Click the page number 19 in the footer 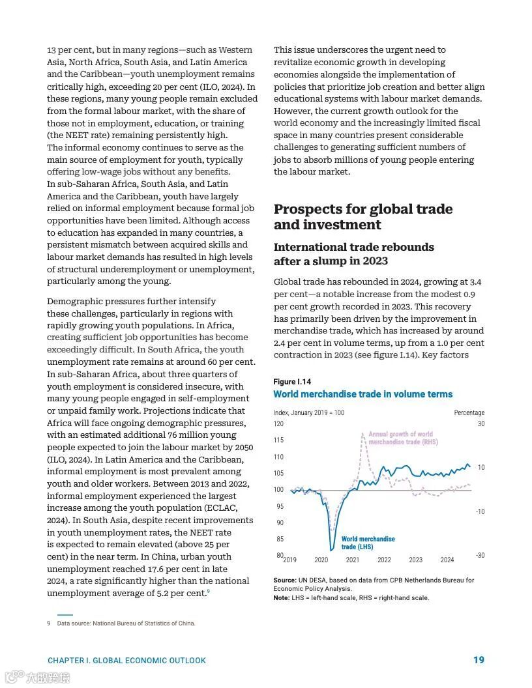[x=479, y=660]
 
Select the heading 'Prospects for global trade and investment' [x=362, y=217]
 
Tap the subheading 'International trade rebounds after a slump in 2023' [x=353, y=254]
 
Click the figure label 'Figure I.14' [x=291, y=382]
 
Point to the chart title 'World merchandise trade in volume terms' [x=362, y=394]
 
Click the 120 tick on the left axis [x=278, y=424]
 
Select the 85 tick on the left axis [x=280, y=539]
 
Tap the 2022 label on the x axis [x=384, y=560]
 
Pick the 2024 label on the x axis [x=447, y=560]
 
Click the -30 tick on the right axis [x=480, y=556]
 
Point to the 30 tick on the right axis [x=481, y=424]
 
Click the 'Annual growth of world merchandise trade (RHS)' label [x=402, y=438]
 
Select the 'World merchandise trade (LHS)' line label [x=368, y=543]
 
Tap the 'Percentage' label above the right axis [x=469, y=412]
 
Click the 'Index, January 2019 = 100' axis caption [x=308, y=412]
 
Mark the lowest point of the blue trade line [x=332, y=551]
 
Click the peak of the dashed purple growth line [x=362, y=434]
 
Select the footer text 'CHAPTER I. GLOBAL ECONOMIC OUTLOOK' [x=126, y=661]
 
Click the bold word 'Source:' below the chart [x=285, y=580]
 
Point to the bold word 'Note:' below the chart [x=281, y=597]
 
